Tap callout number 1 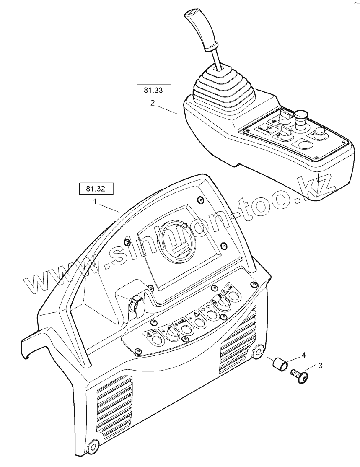(95, 201)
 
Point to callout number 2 (152, 103)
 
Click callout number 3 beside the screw (320, 366)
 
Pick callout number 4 (304, 355)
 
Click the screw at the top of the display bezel (200, 200)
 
